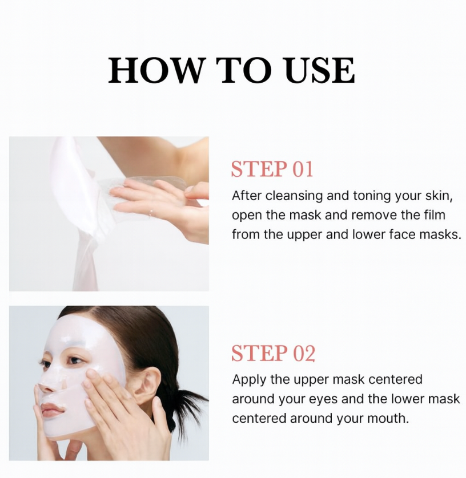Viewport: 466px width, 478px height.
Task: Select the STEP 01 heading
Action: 272,169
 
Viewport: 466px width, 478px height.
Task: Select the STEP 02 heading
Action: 273,353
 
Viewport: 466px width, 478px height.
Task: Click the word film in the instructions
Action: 432,215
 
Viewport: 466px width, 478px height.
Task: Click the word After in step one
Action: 246,196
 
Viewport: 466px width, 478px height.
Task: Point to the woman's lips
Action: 51,411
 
